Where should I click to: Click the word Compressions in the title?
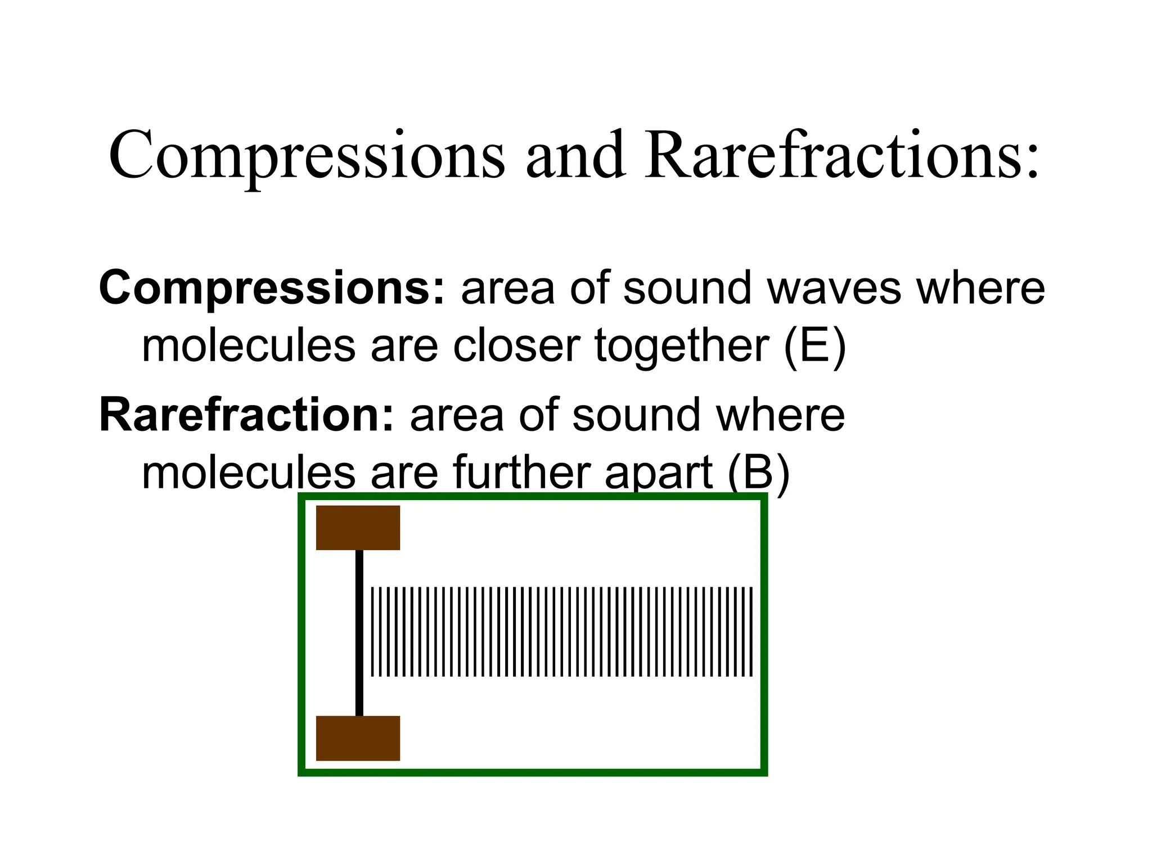[307, 155]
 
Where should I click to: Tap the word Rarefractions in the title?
[841, 155]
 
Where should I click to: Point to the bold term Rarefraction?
[247, 415]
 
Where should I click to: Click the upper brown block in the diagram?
[358, 528]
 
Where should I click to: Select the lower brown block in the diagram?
[358, 738]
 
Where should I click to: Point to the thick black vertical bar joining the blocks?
[359, 633]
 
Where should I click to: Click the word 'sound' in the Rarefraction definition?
[636, 415]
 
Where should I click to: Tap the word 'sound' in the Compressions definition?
[687, 288]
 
